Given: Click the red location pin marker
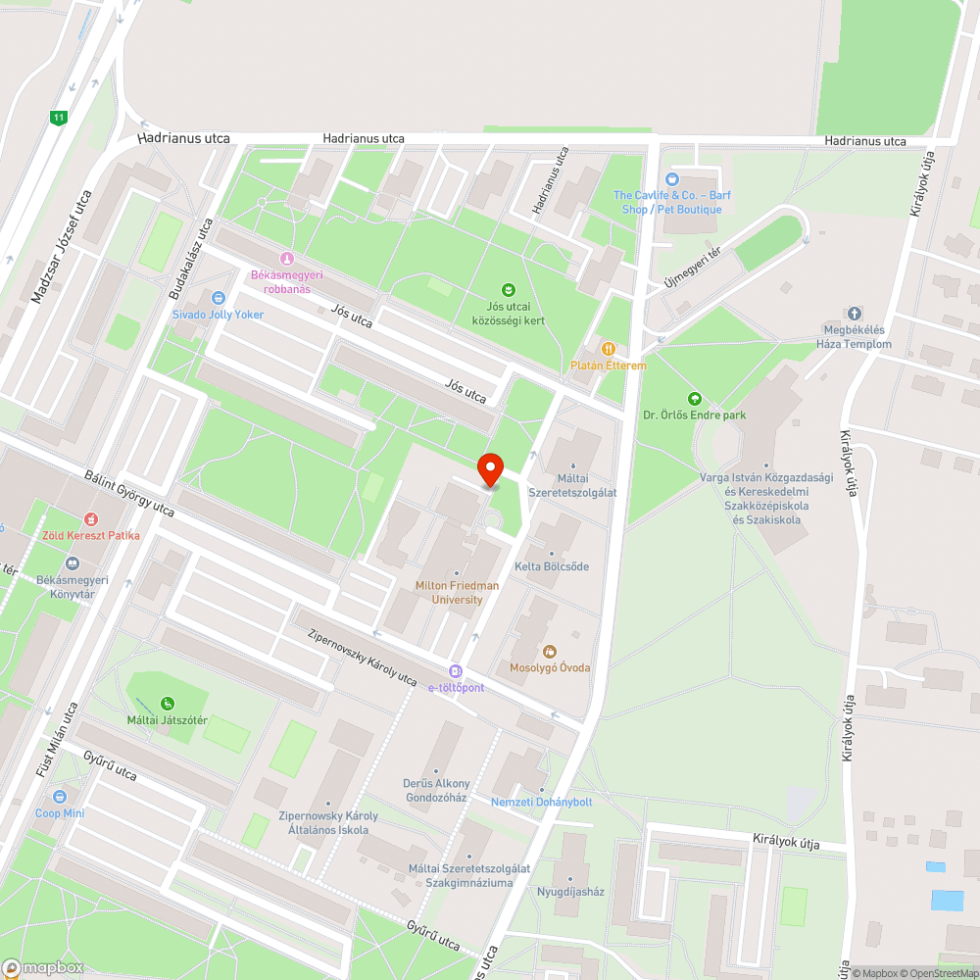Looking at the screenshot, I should coord(489,468).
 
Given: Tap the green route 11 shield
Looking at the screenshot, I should coord(60,118).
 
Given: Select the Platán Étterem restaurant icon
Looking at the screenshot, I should coord(609,348).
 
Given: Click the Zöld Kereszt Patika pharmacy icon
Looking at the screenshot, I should coord(91,518).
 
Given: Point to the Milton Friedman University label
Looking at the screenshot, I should coord(457,592).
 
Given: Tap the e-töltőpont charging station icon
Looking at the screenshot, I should coord(456,671).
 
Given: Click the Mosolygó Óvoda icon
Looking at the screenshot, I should coord(549,651).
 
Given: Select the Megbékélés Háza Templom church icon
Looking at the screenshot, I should coord(855,314).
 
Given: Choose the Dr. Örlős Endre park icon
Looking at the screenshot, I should coord(694,398).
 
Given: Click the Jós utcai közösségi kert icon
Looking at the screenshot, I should coord(508,289).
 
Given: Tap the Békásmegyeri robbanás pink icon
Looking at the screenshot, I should coord(286,259).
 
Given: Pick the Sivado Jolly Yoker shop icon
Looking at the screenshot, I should coord(218,298).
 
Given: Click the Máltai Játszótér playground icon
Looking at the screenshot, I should coord(169,703).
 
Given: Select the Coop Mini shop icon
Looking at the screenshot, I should coord(60,797).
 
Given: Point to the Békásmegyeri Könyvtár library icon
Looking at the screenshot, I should coord(72,563).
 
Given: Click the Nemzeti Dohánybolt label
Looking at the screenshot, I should coord(541,802).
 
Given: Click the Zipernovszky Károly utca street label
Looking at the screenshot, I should coord(363,658).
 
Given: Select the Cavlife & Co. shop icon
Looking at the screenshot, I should coord(671,178).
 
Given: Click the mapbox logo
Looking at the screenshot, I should coord(43,966).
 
